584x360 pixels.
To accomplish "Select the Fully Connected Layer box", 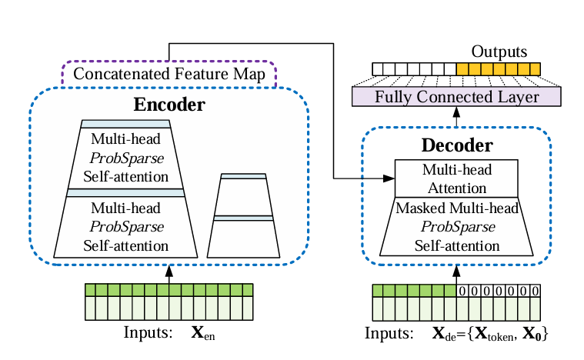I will pos(456,98).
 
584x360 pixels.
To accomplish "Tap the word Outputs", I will pos(499,52).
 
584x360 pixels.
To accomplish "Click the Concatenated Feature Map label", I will pos(169,75).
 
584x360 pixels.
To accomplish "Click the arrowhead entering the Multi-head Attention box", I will pos(389,178).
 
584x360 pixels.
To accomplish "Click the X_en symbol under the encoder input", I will pos(202,335).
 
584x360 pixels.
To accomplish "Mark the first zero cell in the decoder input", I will pos(462,291).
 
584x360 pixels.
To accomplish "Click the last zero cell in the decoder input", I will pos(535,291).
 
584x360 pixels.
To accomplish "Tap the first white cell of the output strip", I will pos(378,69).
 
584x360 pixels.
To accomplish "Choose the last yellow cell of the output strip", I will pos(536,69).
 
